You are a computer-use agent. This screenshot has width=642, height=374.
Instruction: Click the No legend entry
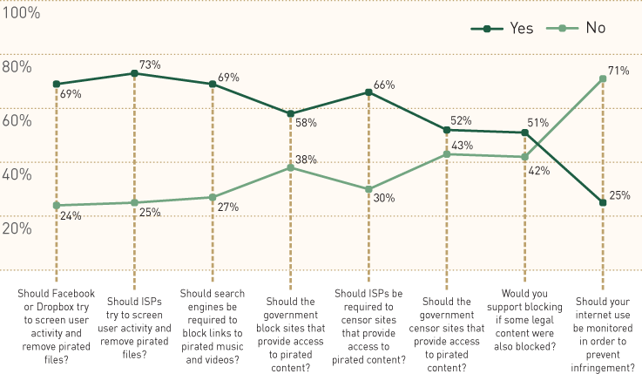[579, 29]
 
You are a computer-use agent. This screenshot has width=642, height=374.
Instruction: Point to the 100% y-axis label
[22, 13]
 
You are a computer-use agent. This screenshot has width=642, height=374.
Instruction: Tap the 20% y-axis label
[17, 228]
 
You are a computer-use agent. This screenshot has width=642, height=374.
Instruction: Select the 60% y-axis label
[17, 120]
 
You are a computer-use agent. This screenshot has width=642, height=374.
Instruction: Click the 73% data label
[151, 65]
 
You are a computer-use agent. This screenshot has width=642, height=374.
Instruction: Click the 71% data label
[619, 71]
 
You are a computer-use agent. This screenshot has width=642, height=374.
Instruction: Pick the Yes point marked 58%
[290, 113]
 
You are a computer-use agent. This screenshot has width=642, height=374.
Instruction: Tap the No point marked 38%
[290, 167]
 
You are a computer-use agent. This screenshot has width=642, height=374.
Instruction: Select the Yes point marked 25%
[602, 202]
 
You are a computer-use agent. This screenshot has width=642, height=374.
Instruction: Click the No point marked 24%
[56, 206]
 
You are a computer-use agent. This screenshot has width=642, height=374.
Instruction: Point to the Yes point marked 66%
[368, 92]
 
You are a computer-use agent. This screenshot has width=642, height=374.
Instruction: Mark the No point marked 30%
[368, 189]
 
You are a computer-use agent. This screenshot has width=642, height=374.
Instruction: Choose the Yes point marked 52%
[446, 130]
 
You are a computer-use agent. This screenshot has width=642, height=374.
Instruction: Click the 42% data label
[538, 171]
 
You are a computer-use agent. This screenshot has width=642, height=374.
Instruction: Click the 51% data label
[537, 123]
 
